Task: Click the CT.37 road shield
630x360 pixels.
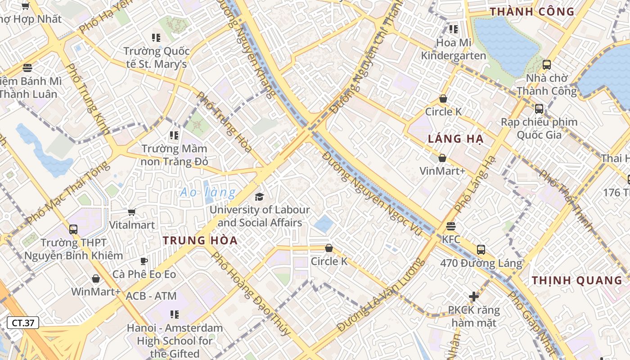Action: coord(23,323)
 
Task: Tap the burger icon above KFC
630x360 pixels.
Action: coord(451,226)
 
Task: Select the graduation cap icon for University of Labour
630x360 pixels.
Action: coord(259,197)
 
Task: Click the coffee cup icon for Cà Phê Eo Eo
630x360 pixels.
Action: coord(144,261)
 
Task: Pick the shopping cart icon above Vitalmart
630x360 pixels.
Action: coord(132,211)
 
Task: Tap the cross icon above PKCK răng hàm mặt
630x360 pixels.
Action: coord(473,297)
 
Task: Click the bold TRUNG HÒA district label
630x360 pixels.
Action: coord(200,240)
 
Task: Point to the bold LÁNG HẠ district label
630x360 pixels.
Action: coord(455,139)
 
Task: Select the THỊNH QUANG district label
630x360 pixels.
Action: coord(577,280)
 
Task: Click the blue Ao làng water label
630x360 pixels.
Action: coord(207,193)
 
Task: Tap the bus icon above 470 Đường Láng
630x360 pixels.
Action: coord(481,249)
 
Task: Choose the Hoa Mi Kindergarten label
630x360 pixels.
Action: coord(453,49)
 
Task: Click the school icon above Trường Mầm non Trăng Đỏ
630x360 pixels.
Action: coord(174,135)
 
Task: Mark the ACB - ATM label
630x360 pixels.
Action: coord(151,296)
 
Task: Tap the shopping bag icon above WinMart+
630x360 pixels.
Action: coord(95,279)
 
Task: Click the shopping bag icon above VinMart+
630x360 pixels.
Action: coord(442,158)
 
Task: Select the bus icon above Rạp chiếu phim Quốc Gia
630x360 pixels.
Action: coord(539,108)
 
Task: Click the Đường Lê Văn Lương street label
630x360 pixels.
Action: coord(380,295)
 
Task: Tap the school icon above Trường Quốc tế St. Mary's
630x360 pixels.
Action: coord(156,37)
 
